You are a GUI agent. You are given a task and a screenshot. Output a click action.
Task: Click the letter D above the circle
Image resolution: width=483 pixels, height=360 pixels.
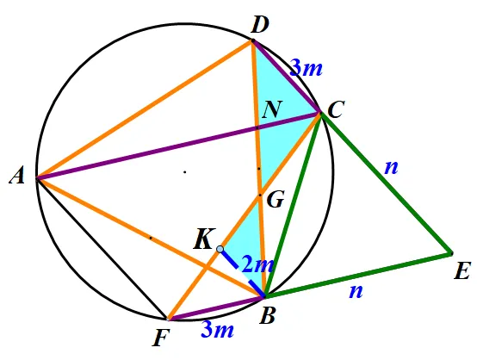pyautogui.click(x=260, y=25)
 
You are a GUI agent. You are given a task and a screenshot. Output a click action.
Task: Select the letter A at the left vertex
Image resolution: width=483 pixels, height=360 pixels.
pyautogui.click(x=17, y=177)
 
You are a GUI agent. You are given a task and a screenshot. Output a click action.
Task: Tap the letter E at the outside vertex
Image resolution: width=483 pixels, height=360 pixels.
pyautogui.click(x=462, y=271)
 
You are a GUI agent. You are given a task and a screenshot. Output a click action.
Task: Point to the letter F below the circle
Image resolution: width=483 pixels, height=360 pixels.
pyautogui.click(x=161, y=338)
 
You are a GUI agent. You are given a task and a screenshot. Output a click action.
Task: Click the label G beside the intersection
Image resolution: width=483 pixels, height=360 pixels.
pyautogui.click(x=276, y=200)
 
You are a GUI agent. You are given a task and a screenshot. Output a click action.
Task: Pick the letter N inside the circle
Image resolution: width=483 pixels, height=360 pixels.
pyautogui.click(x=272, y=109)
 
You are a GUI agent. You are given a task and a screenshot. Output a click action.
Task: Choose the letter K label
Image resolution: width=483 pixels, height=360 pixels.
pyautogui.click(x=204, y=239)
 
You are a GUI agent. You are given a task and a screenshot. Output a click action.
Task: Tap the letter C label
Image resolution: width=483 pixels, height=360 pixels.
pyautogui.click(x=336, y=109)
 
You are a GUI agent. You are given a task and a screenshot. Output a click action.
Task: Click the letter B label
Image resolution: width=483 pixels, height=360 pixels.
pyautogui.click(x=267, y=315)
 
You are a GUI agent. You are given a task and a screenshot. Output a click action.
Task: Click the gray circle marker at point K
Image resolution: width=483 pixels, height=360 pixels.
pyautogui.click(x=220, y=249)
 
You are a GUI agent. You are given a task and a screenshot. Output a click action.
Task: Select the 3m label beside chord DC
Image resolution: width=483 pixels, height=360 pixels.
pyautogui.click(x=307, y=68)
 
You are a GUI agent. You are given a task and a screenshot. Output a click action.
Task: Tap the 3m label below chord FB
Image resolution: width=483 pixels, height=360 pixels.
pyautogui.click(x=218, y=330)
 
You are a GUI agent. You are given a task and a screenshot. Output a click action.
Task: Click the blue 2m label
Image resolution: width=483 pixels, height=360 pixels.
pyautogui.click(x=257, y=264)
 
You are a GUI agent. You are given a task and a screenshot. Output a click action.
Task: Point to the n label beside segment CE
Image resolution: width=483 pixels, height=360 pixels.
pyautogui.click(x=391, y=168)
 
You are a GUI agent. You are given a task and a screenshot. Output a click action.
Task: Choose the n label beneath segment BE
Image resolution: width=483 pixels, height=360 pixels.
pyautogui.click(x=356, y=291)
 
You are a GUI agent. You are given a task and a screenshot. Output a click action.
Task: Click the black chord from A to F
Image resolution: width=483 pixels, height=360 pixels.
pyautogui.click(x=102, y=249)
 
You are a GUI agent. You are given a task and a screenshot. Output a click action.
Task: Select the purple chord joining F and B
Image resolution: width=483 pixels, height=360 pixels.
pyautogui.click(x=216, y=308)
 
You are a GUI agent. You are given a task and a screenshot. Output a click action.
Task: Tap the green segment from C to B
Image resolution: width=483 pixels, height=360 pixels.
pyautogui.click(x=293, y=205)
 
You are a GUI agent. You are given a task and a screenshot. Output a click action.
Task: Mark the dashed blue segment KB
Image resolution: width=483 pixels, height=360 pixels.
pyautogui.click(x=242, y=273)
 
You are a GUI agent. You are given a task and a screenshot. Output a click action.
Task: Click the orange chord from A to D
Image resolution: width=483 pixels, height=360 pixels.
pyautogui.click(x=145, y=109)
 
